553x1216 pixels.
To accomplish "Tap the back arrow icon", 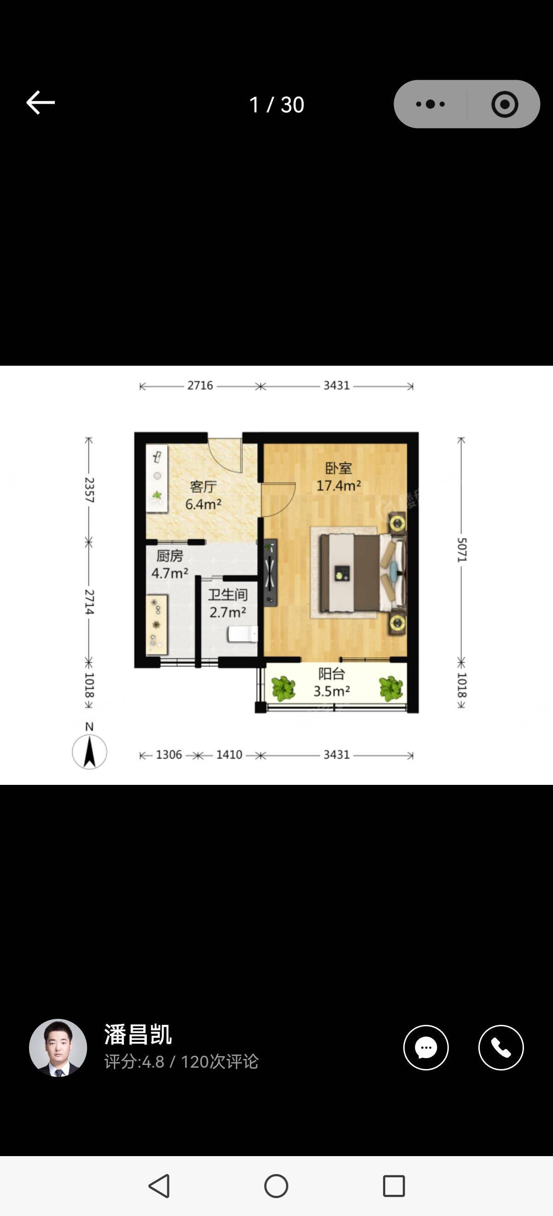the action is coord(40,102).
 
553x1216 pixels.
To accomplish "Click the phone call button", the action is coord(501,1047).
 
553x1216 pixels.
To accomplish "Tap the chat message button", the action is coord(426,1047).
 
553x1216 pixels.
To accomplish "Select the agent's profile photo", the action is coord(58,1047).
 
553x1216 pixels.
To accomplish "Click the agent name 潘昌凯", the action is coord(138,1034).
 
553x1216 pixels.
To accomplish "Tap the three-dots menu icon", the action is coord(430,104).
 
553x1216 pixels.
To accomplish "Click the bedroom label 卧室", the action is coord(339,468).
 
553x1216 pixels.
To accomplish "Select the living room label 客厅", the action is coord(203,486).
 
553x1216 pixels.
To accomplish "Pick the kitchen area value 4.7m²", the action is coord(170,573).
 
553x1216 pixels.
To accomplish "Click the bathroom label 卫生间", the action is coord(228,595).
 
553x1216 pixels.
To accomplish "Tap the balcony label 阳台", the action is coord(331,673).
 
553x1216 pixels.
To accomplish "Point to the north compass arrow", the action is coord(89,751).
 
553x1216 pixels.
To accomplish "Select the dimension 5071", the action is coord(461,550).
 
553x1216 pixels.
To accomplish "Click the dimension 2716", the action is coord(200,386).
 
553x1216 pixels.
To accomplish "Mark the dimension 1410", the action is coord(229,755).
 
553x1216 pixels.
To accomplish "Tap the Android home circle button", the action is coord(276,1185).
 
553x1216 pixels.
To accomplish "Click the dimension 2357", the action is coord(89,490).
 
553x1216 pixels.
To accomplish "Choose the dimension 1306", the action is coord(169,755).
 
